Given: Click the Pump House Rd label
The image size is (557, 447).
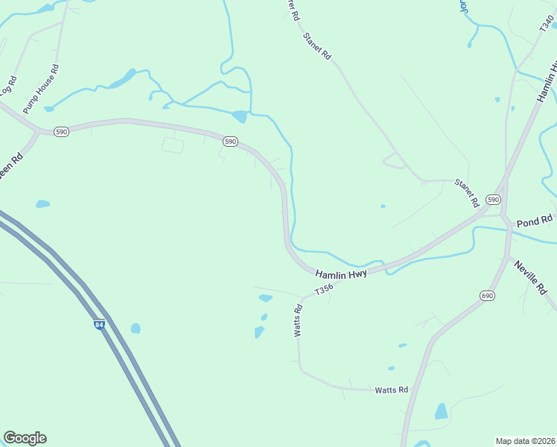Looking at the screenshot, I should (x=41, y=89).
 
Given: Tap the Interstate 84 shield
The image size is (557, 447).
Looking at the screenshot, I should (x=100, y=325).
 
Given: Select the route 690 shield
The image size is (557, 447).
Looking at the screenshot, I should (x=487, y=296).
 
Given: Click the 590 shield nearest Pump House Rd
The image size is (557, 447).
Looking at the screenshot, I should (x=61, y=131).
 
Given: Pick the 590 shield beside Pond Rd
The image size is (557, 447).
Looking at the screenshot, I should (x=493, y=200).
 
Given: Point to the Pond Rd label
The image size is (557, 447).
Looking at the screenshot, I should (x=535, y=221).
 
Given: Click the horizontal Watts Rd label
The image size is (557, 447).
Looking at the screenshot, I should (x=391, y=390).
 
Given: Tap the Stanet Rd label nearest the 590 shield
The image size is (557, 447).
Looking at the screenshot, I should (x=467, y=193).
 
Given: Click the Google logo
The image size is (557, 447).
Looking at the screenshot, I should (x=25, y=438).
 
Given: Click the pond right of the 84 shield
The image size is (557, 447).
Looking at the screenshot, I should (x=136, y=328).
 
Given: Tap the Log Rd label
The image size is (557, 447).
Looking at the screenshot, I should (x=7, y=86).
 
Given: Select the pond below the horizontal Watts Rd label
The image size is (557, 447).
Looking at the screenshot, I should (x=442, y=411).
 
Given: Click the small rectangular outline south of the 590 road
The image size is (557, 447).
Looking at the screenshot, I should (x=173, y=145).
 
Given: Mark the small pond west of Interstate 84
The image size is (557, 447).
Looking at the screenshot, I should (x=42, y=203).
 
